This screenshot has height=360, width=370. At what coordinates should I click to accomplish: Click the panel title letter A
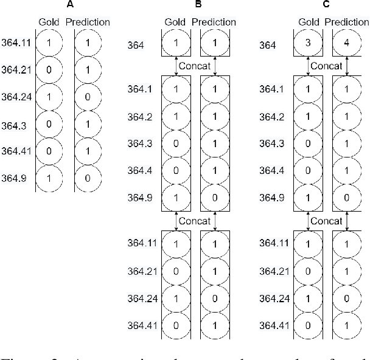tap(71, 5)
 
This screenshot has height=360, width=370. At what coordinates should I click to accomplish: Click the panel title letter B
tap(198, 5)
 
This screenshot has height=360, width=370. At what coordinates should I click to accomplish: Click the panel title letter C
tap(327, 5)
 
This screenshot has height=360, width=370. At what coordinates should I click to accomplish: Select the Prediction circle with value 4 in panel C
tap(347, 44)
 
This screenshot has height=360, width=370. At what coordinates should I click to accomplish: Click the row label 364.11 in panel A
tap(16, 43)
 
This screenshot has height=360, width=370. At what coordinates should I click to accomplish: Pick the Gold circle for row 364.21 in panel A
tap(48, 71)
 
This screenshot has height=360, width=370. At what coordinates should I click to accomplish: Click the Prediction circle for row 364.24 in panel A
tap(88, 97)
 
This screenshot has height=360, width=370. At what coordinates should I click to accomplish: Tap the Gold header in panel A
tap(48, 22)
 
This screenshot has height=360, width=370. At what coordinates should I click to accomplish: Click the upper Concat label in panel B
tap(195, 66)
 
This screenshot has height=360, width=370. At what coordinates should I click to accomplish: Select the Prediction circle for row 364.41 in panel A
tap(88, 151)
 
